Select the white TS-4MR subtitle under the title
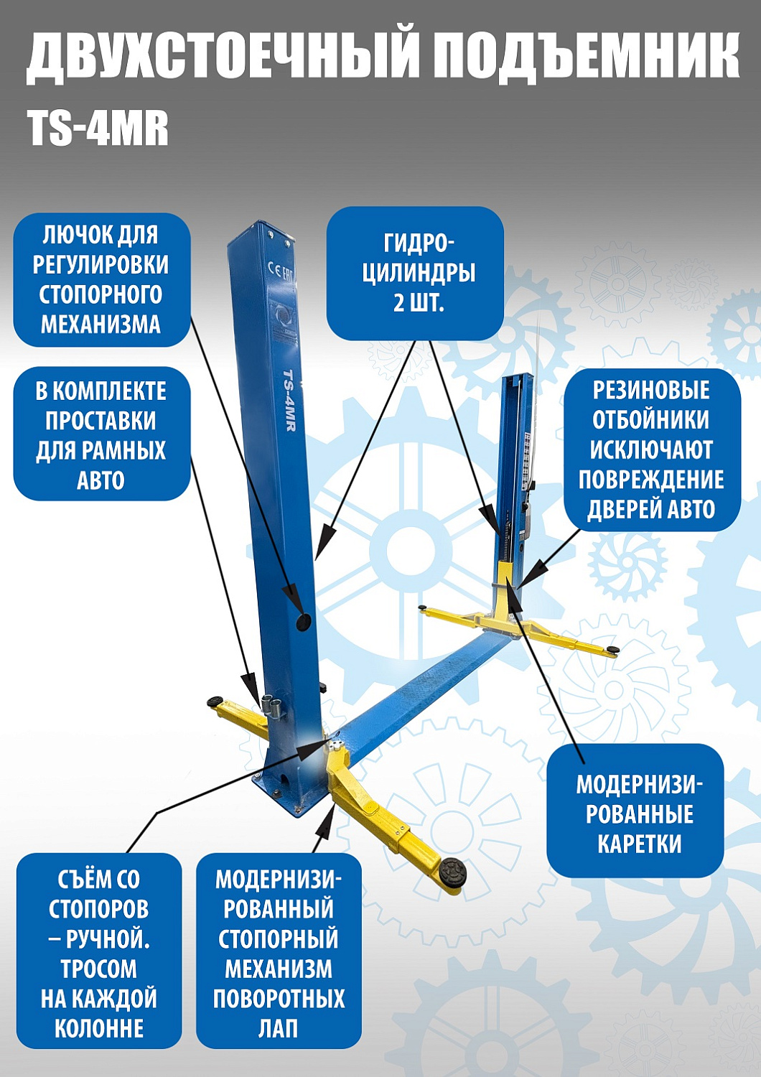click(x=98, y=129)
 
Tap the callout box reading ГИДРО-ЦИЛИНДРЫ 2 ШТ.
click(x=415, y=274)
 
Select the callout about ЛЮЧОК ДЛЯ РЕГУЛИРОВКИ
click(x=101, y=279)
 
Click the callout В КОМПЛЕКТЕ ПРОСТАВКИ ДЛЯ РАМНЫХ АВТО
click(x=101, y=435)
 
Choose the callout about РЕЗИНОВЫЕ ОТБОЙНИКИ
click(x=651, y=449)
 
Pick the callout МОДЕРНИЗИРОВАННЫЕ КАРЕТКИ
click(x=635, y=813)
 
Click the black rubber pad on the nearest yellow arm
click(x=454, y=874)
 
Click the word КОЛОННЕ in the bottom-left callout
click(x=99, y=1028)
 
